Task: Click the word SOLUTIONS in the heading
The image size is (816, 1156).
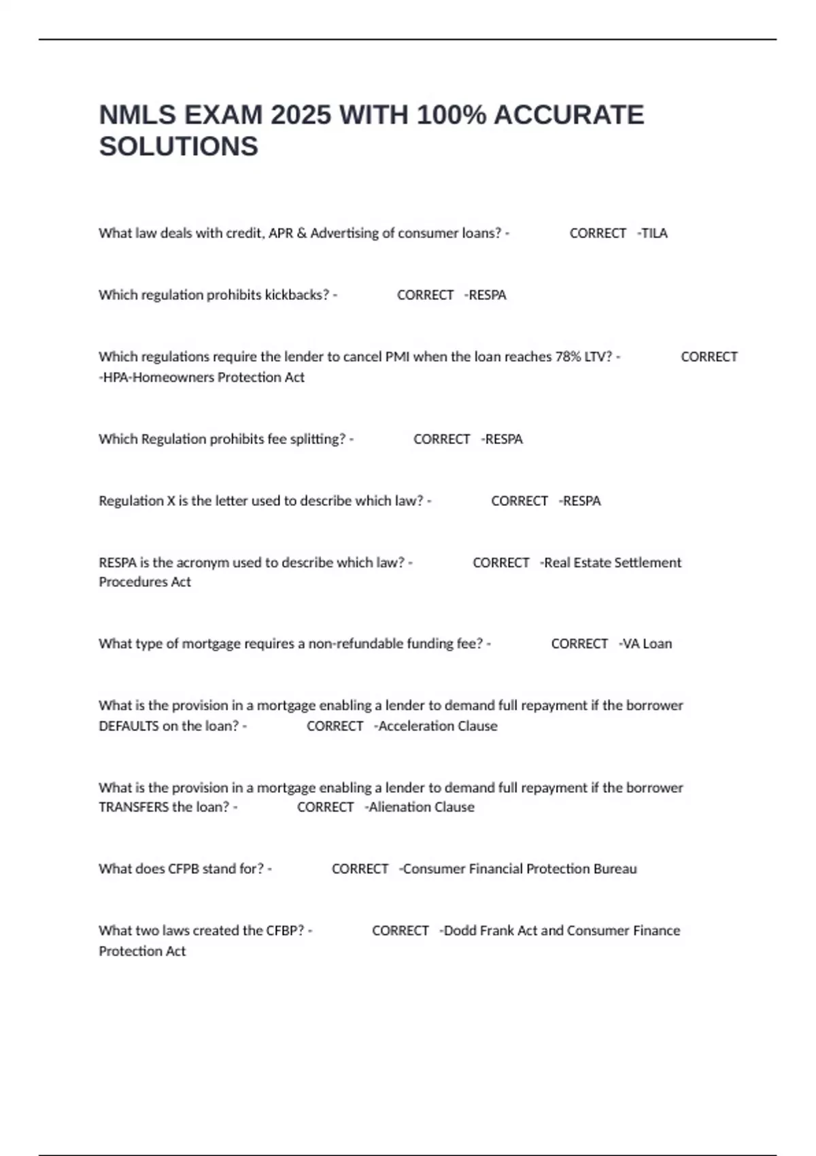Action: click(x=179, y=147)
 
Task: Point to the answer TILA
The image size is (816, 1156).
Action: click(x=654, y=233)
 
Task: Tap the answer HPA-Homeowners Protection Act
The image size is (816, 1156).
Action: click(x=202, y=377)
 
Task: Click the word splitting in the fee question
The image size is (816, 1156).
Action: click(x=318, y=439)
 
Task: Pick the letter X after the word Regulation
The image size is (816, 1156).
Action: click(x=171, y=501)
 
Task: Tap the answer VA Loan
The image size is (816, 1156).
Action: click(x=647, y=644)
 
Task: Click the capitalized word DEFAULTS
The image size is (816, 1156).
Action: click(x=129, y=726)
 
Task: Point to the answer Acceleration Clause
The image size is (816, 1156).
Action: click(x=437, y=726)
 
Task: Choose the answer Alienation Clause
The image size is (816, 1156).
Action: click(x=421, y=807)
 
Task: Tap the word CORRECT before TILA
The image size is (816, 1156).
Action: click(x=598, y=233)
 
